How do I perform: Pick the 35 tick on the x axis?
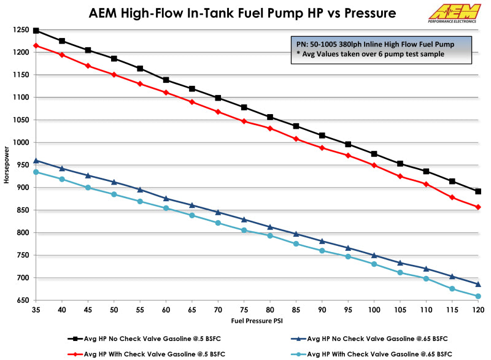[36, 310]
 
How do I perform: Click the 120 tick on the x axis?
[478, 310]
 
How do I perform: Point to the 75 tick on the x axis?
[244, 310]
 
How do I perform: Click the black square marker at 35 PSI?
[36, 31]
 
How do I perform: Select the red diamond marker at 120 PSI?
[478, 207]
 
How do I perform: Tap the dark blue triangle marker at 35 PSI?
[36, 161]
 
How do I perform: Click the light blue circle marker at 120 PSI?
[478, 296]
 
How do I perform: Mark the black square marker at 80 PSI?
[270, 117]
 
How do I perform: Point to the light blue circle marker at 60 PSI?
[166, 209]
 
